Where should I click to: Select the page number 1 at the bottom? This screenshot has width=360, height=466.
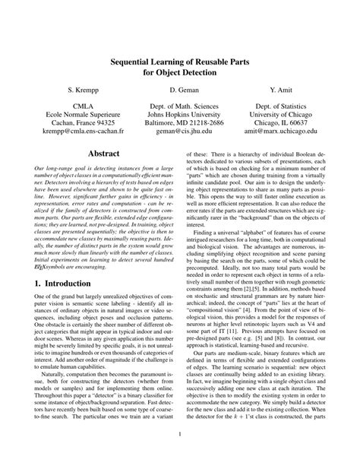pos(179,455)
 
